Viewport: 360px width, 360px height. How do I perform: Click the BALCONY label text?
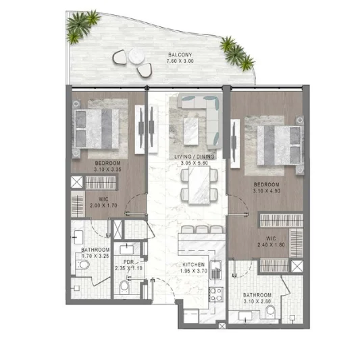[x=180, y=55]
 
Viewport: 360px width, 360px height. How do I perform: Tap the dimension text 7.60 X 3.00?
[x=180, y=61]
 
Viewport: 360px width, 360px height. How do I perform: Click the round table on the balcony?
[x=136, y=55]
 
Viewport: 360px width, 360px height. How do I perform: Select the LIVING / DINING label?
[x=195, y=157]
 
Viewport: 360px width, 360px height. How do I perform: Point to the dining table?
[x=199, y=184]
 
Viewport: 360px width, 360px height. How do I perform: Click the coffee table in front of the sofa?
[x=190, y=131]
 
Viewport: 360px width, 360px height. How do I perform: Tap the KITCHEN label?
[x=194, y=265]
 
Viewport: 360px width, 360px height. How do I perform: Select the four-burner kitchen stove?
[x=216, y=294]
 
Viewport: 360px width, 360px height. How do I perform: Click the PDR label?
[x=128, y=262]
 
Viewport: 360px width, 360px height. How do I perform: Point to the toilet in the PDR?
[x=124, y=287]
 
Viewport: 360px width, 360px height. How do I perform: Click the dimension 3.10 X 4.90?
[x=267, y=190]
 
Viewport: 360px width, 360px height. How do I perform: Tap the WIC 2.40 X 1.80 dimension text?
[x=271, y=245]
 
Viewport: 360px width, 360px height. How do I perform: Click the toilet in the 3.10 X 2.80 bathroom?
[x=271, y=312]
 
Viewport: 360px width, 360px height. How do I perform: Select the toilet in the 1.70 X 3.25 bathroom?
[x=82, y=265]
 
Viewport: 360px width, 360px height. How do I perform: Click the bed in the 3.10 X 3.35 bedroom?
[x=96, y=128]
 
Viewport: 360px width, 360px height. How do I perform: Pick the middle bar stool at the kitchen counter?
[x=201, y=230]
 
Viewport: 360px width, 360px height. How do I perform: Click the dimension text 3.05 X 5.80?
[x=195, y=163]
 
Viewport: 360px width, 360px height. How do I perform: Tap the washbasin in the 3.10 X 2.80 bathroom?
[x=245, y=316]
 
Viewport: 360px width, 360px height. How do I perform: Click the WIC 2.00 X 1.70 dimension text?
[x=103, y=205]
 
